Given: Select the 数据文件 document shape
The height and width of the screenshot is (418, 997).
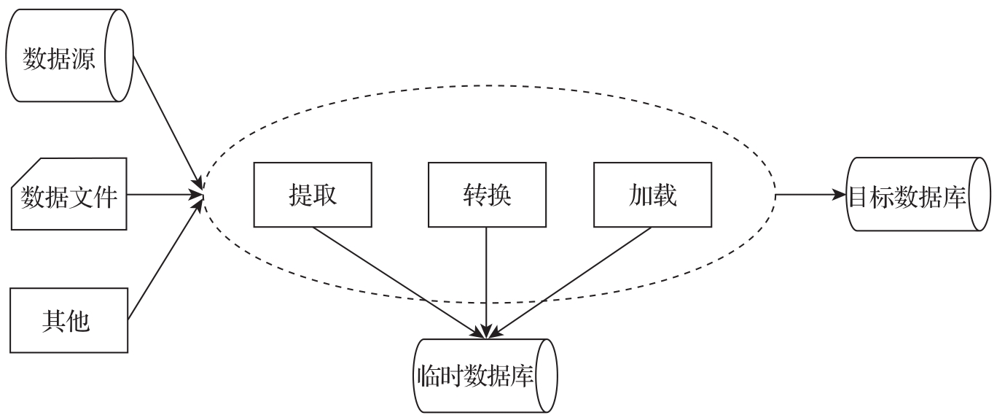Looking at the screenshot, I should click(x=69, y=196).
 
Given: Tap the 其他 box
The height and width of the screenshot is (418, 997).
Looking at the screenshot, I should click(x=69, y=319).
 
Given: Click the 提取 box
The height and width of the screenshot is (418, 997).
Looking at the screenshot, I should click(x=313, y=195).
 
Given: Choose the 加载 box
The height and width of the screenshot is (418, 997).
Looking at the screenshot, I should click(x=652, y=195).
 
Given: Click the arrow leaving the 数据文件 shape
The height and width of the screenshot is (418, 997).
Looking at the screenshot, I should click(x=164, y=196).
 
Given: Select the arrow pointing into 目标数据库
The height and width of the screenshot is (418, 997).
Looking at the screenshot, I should click(x=809, y=196).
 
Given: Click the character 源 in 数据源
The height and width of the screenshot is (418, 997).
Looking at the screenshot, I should click(x=84, y=58).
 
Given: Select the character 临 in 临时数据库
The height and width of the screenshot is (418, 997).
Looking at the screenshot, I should click(x=428, y=376).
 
